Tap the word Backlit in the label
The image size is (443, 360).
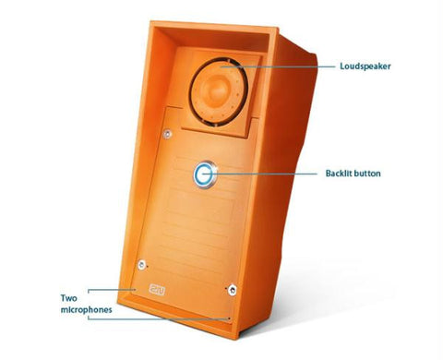click(341, 173)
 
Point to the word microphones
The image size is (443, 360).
click(87, 310)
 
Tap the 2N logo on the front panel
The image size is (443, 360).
click(156, 288)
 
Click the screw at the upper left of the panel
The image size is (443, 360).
click(167, 135)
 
